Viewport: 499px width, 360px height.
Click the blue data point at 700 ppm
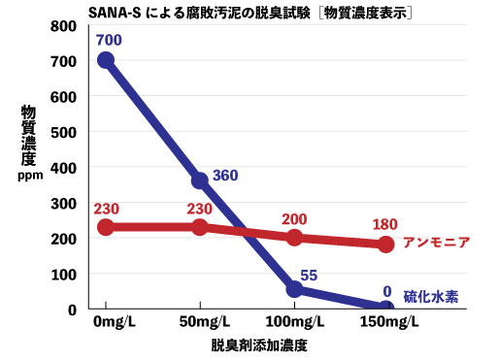(x=106, y=60)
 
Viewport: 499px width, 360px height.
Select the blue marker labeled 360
(x=200, y=180)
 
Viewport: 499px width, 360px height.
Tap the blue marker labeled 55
(x=293, y=289)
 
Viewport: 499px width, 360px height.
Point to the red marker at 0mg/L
(x=106, y=227)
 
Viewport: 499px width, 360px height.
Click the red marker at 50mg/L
(x=200, y=227)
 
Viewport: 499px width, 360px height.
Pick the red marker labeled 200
(x=293, y=238)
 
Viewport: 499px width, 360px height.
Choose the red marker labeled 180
(x=385, y=245)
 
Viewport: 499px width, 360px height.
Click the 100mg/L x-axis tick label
(x=293, y=322)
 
